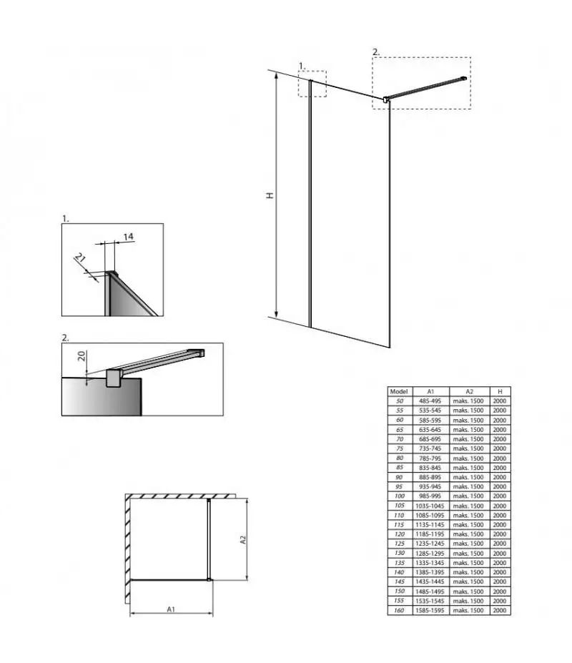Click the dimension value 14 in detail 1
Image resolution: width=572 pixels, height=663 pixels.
[129, 237]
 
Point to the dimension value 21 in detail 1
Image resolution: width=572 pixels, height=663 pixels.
[80, 257]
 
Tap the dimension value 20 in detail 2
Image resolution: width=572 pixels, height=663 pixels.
[82, 355]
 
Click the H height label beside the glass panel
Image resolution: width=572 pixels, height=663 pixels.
[270, 195]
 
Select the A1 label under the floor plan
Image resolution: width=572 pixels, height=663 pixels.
[171, 609]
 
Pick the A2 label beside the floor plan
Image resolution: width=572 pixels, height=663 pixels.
[243, 540]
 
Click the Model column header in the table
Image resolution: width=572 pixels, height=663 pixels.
[399, 391]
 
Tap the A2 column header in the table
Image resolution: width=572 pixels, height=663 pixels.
[469, 391]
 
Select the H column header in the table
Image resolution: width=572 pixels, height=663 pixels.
[500, 391]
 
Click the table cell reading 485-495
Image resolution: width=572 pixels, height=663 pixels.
[430, 401]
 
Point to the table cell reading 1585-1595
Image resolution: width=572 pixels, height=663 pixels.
[430, 611]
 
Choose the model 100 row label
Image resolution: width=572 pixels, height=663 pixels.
[400, 496]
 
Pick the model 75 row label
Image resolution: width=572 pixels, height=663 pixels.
[400, 448]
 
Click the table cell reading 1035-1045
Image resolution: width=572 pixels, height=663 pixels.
[430, 506]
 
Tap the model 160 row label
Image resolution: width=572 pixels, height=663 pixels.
[399, 611]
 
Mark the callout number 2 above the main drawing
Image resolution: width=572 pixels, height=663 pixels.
[376, 52]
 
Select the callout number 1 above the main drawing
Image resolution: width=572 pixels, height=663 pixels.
[302, 66]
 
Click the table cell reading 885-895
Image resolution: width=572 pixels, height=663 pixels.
[430, 477]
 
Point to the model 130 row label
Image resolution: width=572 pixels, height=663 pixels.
[400, 553]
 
